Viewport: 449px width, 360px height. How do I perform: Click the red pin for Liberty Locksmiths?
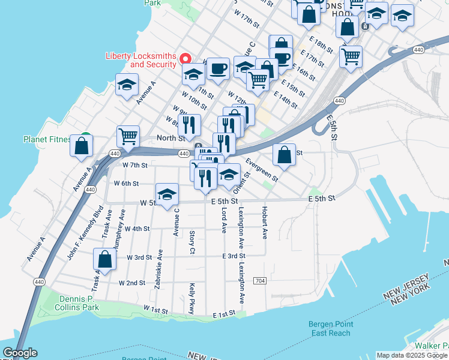click(x=185, y=59)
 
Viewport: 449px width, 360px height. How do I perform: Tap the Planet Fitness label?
click(x=47, y=139)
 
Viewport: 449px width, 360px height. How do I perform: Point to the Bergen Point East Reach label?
click(x=330, y=329)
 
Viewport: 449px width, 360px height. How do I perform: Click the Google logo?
click(x=19, y=353)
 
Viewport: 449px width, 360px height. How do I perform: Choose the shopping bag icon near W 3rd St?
click(x=104, y=260)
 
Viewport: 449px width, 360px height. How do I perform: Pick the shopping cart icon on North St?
click(x=128, y=137)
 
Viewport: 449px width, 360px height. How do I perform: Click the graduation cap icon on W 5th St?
click(x=167, y=194)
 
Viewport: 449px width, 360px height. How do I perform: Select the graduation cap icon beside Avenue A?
click(x=127, y=85)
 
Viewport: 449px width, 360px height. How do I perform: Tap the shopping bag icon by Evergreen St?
click(x=285, y=154)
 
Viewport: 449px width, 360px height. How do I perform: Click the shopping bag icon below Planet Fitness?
click(x=82, y=146)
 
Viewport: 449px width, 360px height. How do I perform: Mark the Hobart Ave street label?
click(x=264, y=223)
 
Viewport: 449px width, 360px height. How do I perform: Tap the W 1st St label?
click(x=155, y=309)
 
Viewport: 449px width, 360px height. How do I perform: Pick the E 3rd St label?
click(x=233, y=256)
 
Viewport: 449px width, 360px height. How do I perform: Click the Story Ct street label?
click(x=192, y=241)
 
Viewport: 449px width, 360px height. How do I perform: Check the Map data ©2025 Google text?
click(x=411, y=355)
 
